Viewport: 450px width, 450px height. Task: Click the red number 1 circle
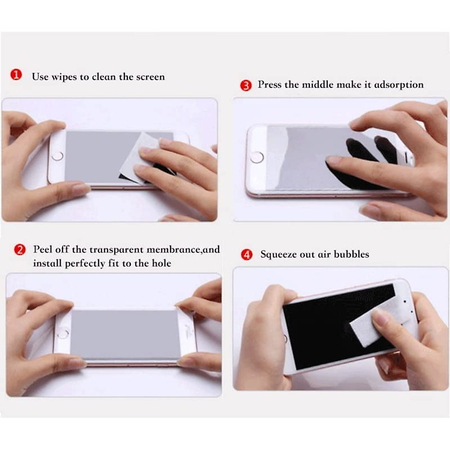(x=16, y=75)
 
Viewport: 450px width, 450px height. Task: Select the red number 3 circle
(x=246, y=85)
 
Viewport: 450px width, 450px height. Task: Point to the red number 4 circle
(x=246, y=255)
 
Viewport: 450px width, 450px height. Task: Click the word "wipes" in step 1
(x=64, y=77)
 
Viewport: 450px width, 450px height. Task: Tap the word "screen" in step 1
(x=150, y=77)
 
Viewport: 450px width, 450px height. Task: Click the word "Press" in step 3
(x=269, y=85)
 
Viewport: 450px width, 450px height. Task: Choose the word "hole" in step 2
(x=162, y=263)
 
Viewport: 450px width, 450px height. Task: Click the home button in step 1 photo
(x=58, y=155)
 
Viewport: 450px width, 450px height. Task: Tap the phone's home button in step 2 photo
(x=63, y=333)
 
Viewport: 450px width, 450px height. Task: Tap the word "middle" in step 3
(x=317, y=85)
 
